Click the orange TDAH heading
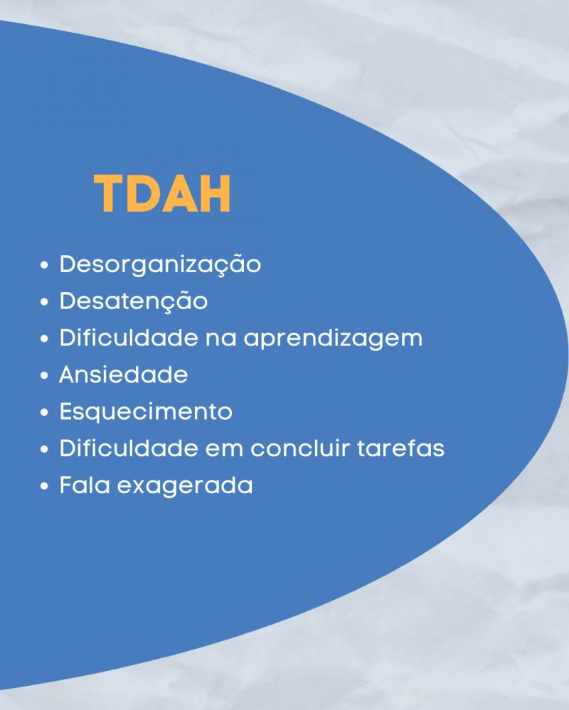coord(162,193)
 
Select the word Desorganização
coord(160,265)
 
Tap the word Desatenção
coord(134,301)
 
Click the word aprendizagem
coord(333,339)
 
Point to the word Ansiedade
coord(123,375)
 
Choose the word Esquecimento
coord(146,412)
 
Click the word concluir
coord(300,448)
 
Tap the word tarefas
coord(401,448)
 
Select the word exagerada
coord(185,486)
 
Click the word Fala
coord(85,485)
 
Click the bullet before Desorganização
coord(44,265)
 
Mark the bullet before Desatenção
coord(44,302)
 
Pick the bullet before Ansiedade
coord(44,376)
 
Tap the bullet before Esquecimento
coord(44,412)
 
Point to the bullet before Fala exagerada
coord(44,486)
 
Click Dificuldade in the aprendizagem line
coord(129,338)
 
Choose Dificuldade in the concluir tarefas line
coord(129,448)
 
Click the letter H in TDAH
coord(216,193)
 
